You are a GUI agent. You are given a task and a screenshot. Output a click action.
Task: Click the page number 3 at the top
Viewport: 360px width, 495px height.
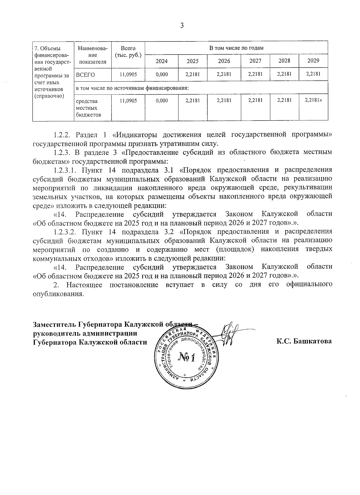[x=181, y=26]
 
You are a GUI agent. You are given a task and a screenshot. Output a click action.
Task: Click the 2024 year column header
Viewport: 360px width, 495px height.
[x=162, y=61]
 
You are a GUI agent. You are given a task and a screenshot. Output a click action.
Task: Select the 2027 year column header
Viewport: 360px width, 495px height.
[x=255, y=61]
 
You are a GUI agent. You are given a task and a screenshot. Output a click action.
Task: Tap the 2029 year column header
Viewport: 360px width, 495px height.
[x=313, y=61]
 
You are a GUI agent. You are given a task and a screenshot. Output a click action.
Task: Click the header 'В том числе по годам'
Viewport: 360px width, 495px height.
[x=236, y=48]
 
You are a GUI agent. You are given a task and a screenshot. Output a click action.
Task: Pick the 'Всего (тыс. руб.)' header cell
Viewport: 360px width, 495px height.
[x=128, y=52]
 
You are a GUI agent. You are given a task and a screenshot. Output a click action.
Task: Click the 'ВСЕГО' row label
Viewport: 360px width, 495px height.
[x=85, y=75]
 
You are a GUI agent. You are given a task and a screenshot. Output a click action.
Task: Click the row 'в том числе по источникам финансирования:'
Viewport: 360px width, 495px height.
[x=132, y=88]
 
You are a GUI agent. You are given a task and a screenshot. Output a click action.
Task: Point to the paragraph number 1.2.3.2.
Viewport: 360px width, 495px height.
[x=66, y=232]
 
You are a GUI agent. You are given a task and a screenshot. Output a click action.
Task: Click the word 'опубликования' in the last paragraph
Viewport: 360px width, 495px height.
[x=57, y=294]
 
